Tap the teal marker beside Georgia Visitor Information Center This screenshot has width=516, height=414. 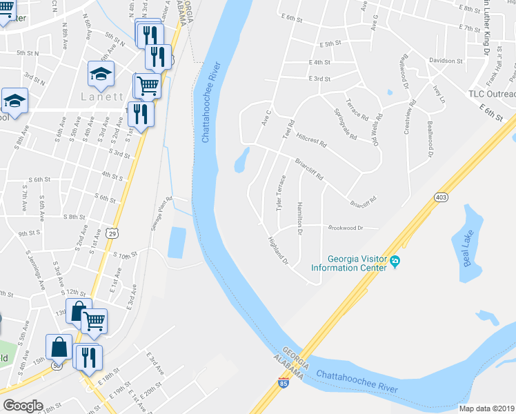pos(395,262)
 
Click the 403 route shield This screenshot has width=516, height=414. pos(441,197)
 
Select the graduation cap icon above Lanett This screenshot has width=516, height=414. pos(101,73)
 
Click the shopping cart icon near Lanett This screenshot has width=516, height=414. pos(146,86)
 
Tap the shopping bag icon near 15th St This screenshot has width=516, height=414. pos(59,346)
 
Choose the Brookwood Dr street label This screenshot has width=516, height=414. pos(355,227)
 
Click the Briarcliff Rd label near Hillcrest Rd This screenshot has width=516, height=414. pos(310,170)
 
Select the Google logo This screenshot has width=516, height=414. pos(23,406)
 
